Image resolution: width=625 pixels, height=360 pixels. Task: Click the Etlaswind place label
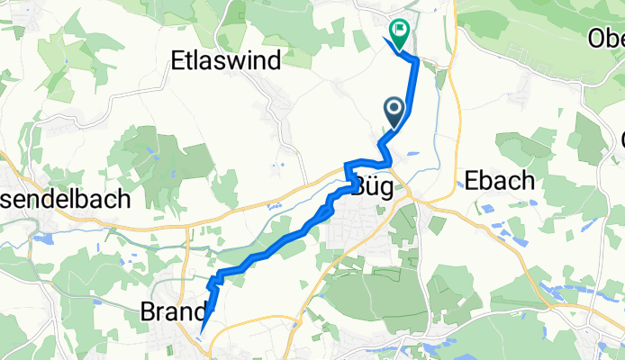[226, 60]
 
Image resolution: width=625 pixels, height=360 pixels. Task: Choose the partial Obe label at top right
[605, 39]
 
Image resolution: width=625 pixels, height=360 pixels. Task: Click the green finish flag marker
[397, 31]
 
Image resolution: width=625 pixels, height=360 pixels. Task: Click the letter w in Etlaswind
[240, 60]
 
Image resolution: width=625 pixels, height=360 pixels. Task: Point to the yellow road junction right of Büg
[412, 193]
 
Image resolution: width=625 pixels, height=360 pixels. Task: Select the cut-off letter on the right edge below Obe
[620, 139]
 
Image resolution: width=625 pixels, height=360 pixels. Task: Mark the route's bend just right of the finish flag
[415, 59]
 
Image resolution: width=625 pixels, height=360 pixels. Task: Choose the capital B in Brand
[149, 311]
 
